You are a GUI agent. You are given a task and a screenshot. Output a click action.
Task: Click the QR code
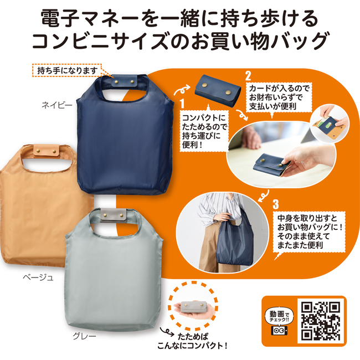point(321,320)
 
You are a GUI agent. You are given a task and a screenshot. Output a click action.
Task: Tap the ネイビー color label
point(57,105)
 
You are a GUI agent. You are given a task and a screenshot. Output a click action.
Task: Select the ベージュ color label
point(38,277)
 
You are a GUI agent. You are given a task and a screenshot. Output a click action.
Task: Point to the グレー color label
point(85,336)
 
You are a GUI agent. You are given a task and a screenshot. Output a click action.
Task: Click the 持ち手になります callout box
point(67,70)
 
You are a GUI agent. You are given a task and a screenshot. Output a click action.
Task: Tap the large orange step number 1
point(183,104)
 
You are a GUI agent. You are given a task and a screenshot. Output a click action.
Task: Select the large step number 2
point(248,76)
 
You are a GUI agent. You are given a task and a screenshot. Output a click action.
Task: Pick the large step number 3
point(275,204)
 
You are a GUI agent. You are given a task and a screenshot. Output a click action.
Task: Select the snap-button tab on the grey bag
point(113,215)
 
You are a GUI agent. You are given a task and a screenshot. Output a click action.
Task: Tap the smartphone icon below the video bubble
point(279,331)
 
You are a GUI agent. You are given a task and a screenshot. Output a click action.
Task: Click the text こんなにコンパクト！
point(192,345)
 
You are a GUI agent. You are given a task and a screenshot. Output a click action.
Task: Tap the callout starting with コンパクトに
point(204,131)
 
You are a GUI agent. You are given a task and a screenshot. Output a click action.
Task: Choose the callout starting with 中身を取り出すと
point(309,232)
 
